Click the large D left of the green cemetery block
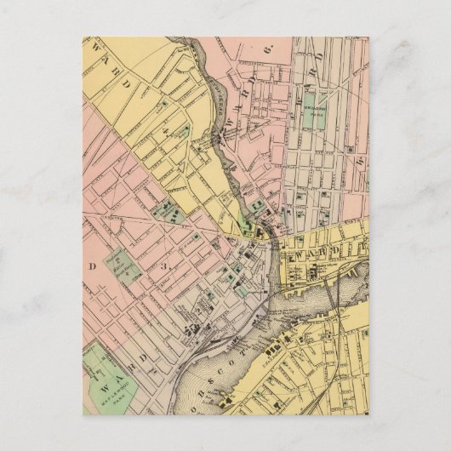tap(90, 266)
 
